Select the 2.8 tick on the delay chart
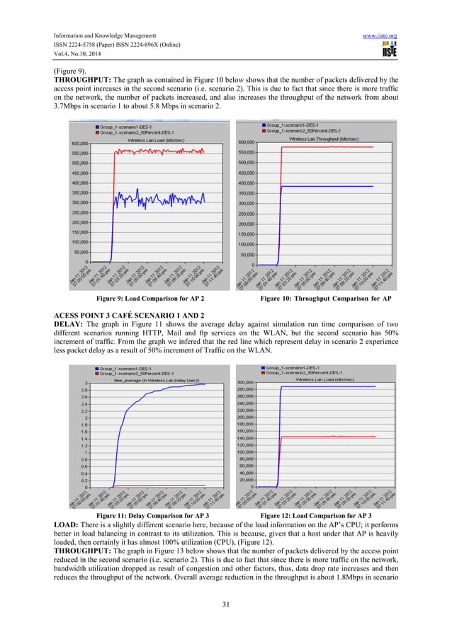point(84,390)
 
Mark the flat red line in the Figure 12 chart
point(333,437)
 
